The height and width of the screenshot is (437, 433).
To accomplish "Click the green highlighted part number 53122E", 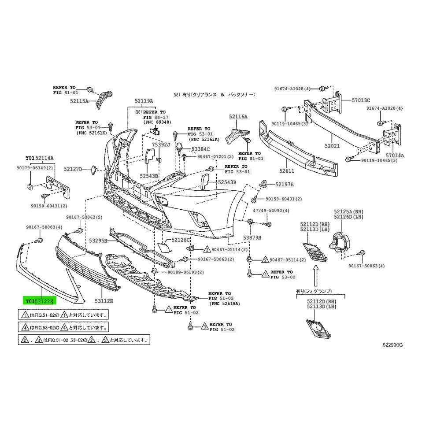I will (x=44, y=301).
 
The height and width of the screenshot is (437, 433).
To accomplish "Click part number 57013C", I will (x=360, y=100).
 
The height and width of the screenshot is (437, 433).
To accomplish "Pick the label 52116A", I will (x=238, y=116).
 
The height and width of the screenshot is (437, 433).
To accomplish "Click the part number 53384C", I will (x=200, y=149).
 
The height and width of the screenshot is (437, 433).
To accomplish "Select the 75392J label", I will (x=161, y=144).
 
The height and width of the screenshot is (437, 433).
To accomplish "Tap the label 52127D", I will (x=73, y=168).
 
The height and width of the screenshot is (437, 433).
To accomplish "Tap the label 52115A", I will (x=79, y=101).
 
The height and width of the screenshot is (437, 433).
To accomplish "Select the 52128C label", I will (x=180, y=240).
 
